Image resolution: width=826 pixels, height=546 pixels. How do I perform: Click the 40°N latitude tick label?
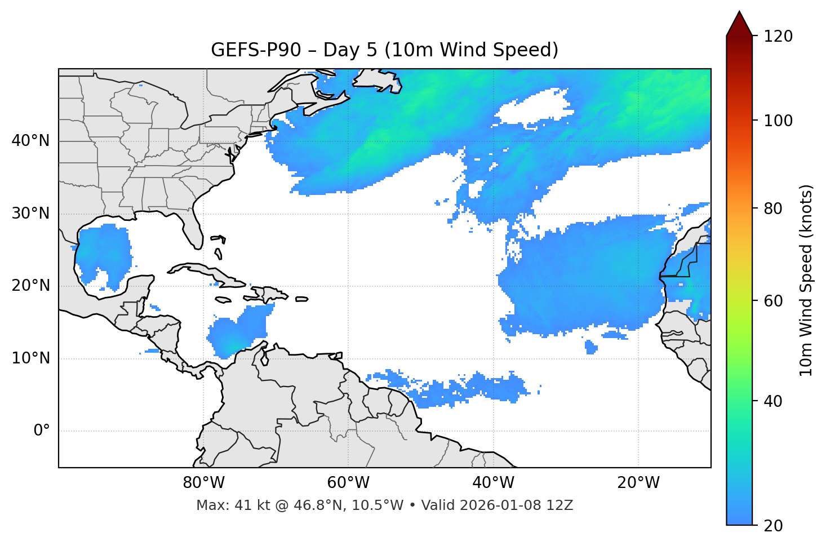pos(30,141)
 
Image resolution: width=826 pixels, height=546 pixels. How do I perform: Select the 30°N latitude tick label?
pos(30,214)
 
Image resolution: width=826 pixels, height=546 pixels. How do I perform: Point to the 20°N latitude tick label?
pos(30,286)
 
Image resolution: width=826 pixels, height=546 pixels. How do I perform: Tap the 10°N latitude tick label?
pos(30,358)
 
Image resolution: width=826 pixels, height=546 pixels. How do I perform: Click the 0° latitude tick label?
pos(42,431)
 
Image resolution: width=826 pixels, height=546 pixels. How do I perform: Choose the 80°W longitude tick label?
pos(203,483)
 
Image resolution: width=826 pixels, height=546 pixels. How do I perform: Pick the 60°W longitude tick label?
pos(348,483)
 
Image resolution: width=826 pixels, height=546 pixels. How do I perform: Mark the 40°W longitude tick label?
pos(493,483)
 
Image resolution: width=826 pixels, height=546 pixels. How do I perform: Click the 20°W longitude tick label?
pos(638,483)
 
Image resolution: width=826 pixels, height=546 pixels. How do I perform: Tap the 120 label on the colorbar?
pos(778,37)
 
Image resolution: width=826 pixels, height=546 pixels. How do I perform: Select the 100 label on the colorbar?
pos(778,121)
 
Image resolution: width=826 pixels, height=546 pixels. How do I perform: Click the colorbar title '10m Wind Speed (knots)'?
pos(806,280)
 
